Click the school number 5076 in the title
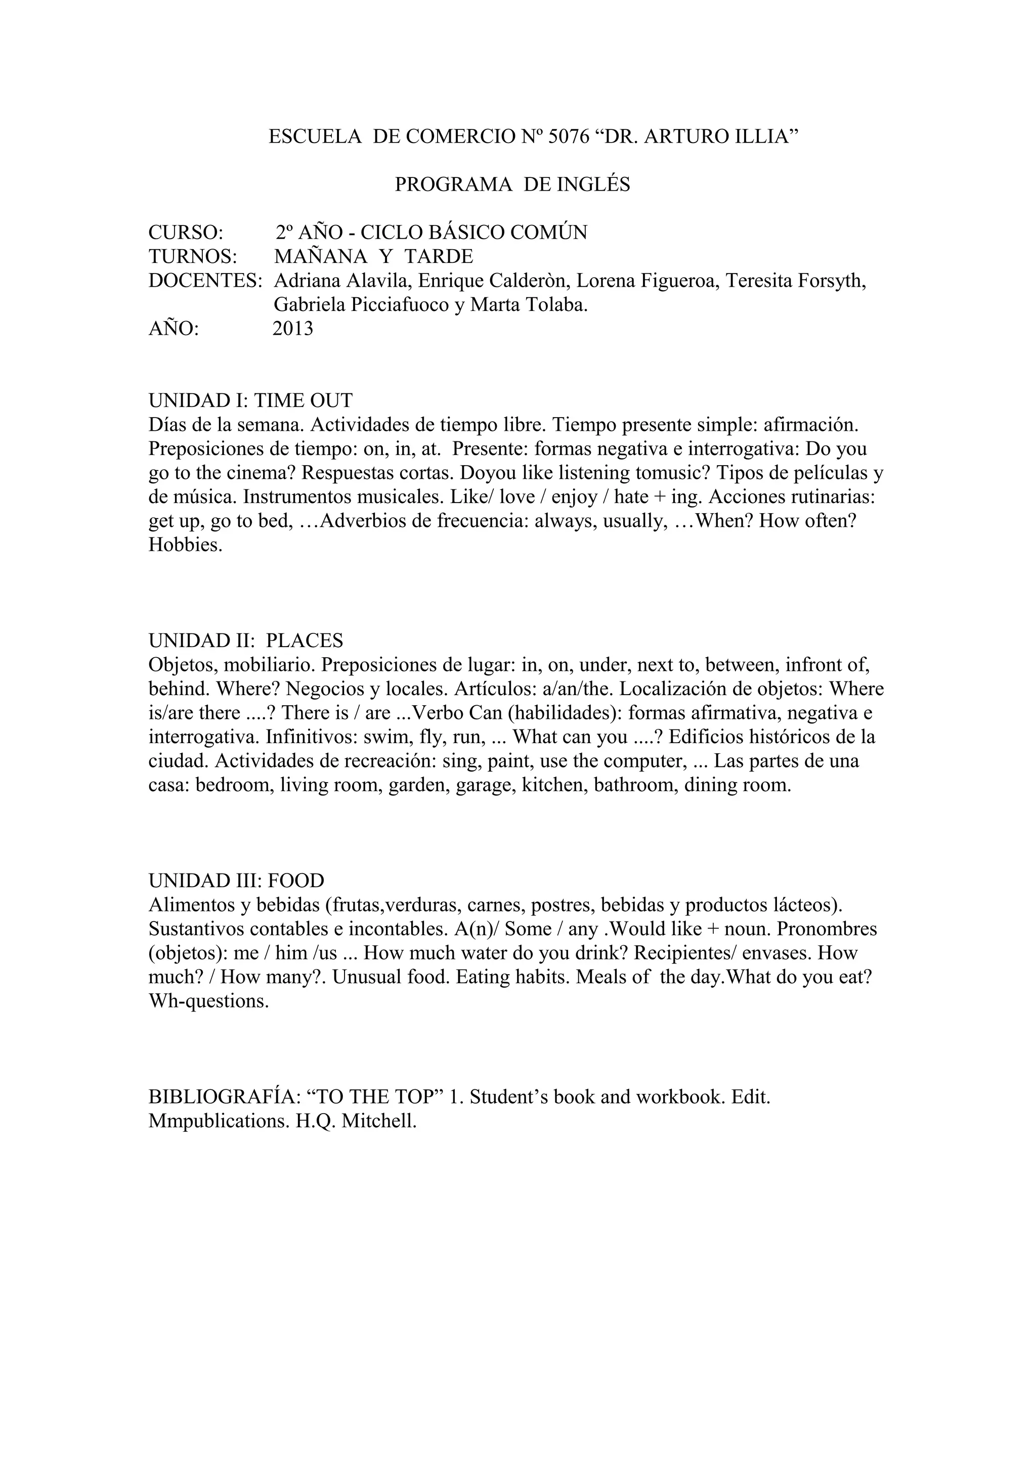click(569, 136)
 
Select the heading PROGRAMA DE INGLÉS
click(512, 185)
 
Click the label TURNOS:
click(193, 256)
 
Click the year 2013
click(293, 329)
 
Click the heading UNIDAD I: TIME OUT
click(250, 401)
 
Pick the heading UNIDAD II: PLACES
click(246, 640)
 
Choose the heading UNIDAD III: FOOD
click(236, 881)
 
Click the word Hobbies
click(185, 545)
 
